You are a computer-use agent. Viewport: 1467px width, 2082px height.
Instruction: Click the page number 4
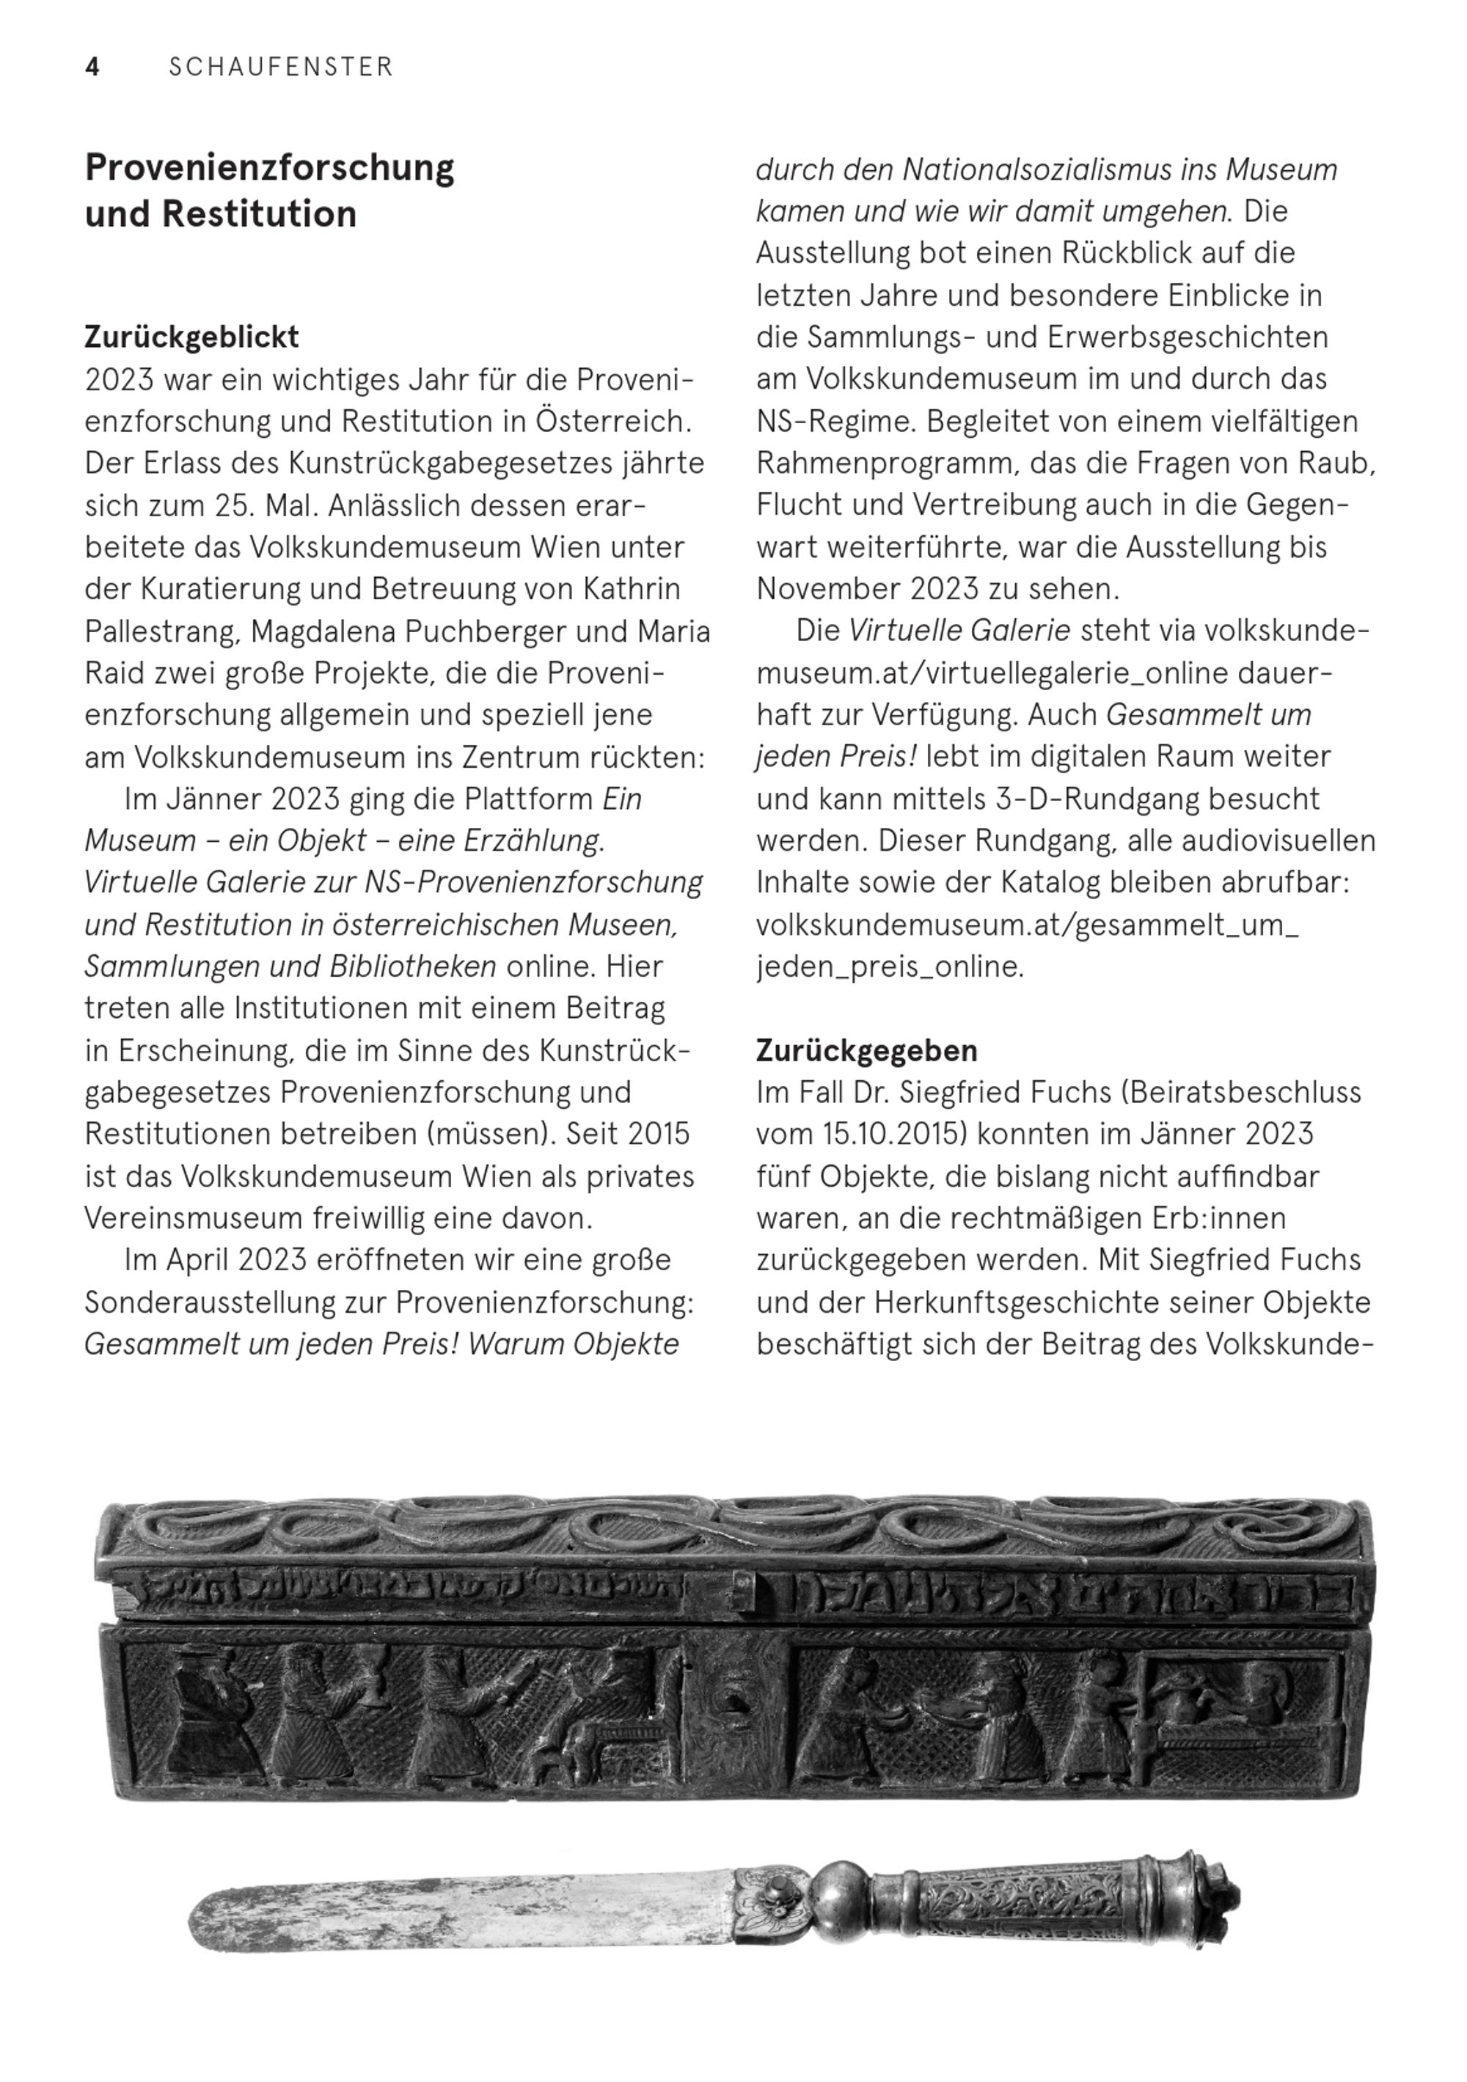(x=92, y=67)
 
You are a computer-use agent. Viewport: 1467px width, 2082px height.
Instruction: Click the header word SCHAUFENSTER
(x=281, y=67)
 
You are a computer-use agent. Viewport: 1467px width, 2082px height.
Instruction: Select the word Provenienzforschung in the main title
(x=269, y=168)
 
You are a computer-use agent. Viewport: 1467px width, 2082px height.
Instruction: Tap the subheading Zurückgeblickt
(x=191, y=337)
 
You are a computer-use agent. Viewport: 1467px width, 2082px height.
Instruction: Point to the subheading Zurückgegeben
(x=866, y=1050)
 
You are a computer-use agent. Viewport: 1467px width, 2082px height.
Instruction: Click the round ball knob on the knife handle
(x=838, y=1894)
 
